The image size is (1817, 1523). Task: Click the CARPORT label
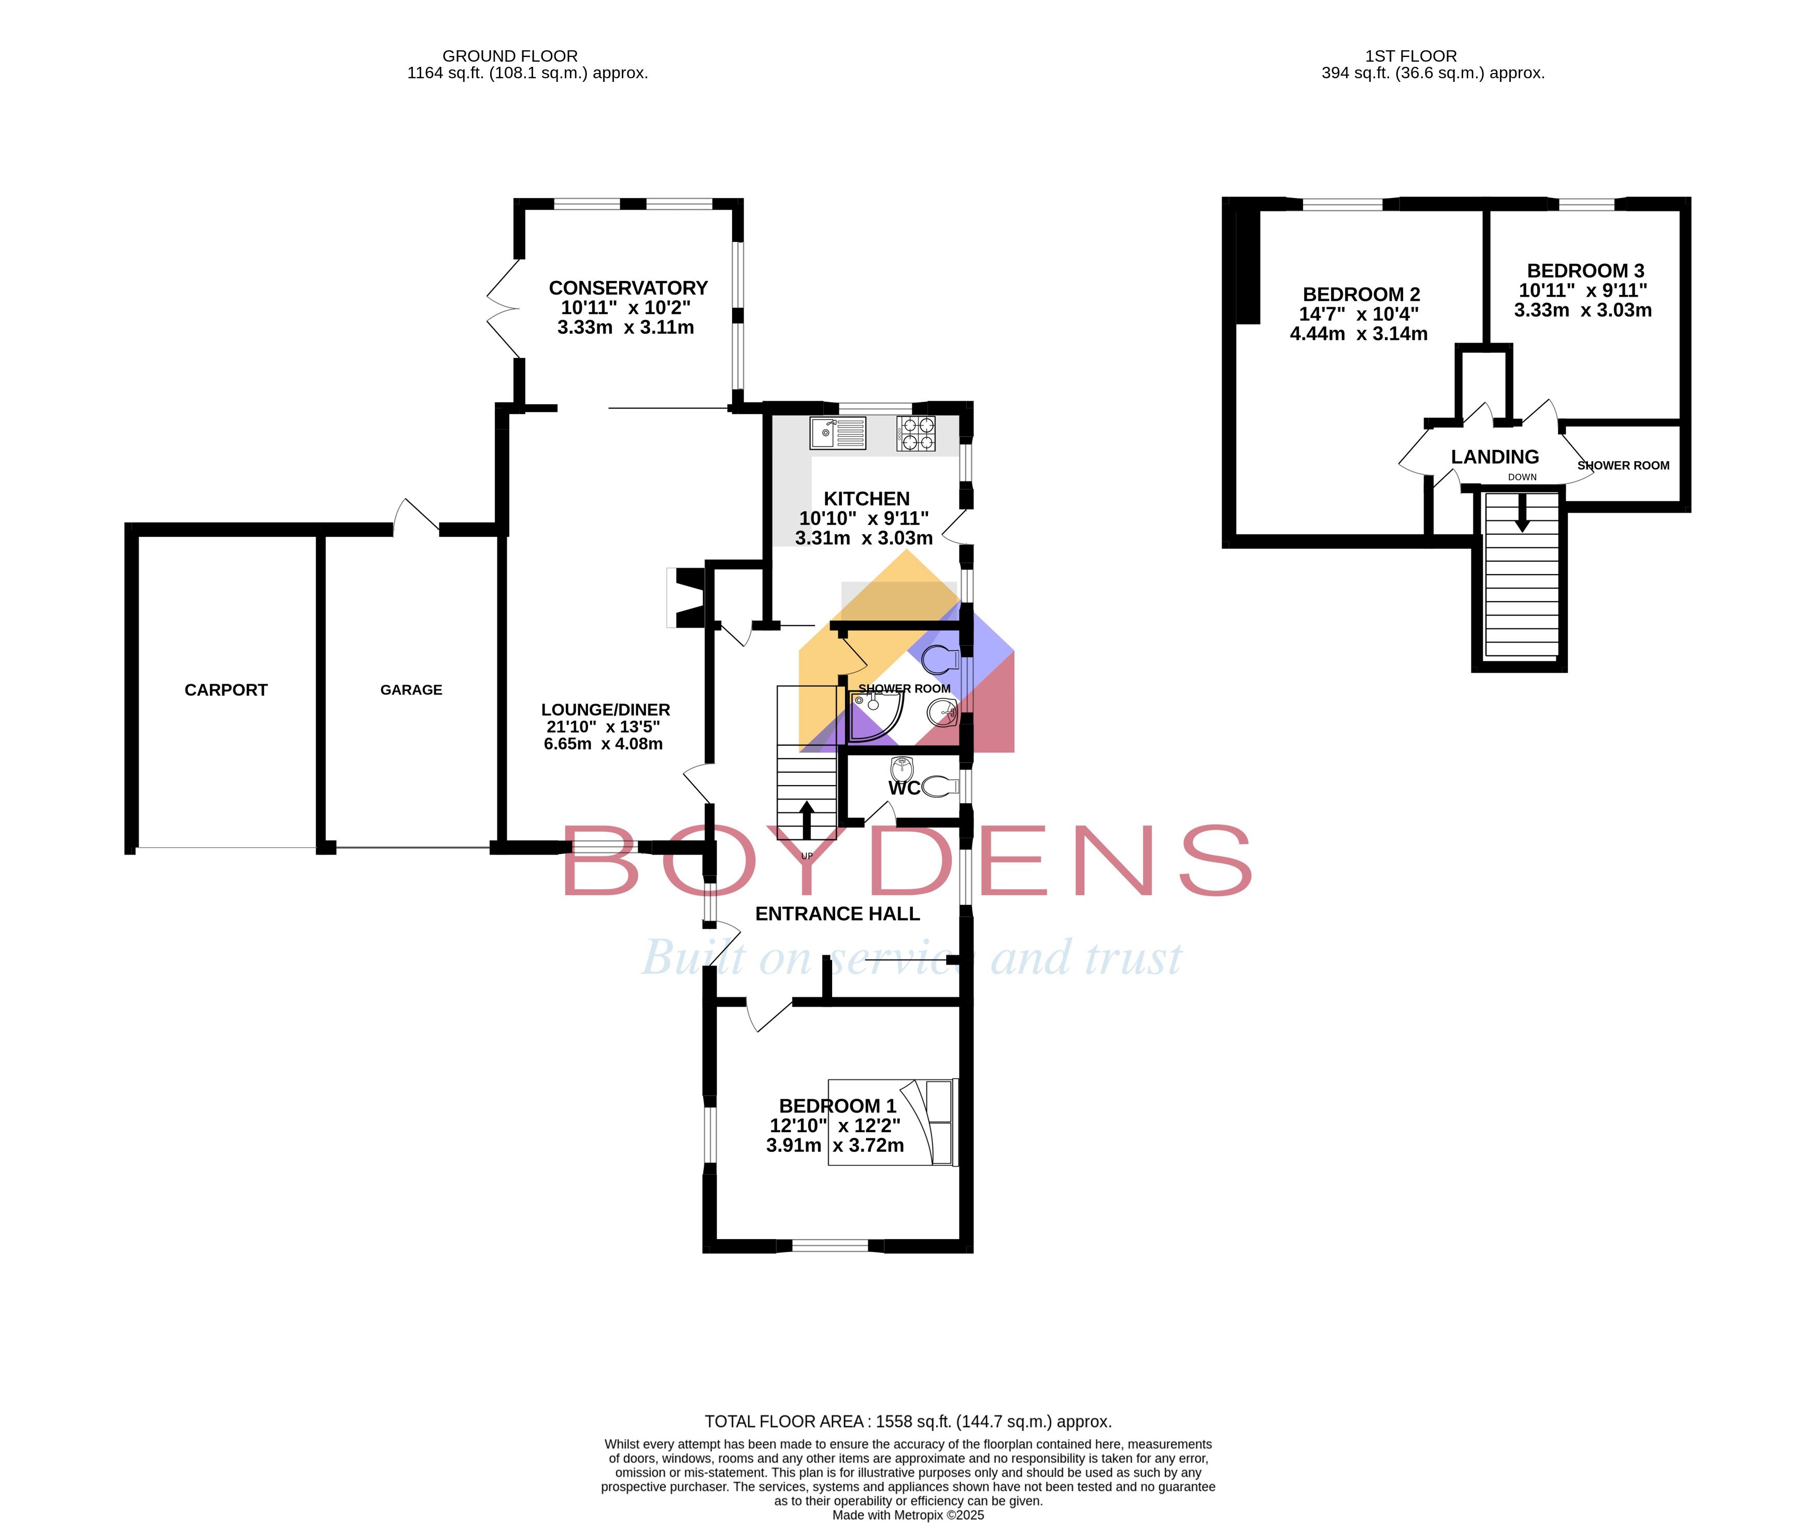tap(226, 690)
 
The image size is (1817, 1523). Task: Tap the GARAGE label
tap(411, 690)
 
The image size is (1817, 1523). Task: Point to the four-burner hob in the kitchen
tap(917, 434)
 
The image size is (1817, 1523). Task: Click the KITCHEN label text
tap(866, 499)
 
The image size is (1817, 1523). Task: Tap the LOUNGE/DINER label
tap(606, 709)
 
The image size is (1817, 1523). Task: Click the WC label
tap(904, 788)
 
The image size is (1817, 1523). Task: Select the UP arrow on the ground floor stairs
tap(806, 819)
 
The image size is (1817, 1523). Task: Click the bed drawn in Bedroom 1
tap(893, 1121)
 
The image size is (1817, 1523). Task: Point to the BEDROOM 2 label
tap(1361, 295)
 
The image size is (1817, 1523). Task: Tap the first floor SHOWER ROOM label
tap(1623, 465)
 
